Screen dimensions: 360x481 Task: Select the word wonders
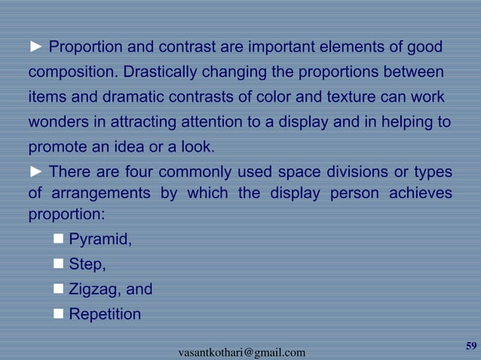coord(59,122)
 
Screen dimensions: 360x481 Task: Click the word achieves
coord(420,193)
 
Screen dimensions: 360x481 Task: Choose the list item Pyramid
coord(100,241)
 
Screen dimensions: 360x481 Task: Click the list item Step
coord(87,265)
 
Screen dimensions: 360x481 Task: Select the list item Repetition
coord(105,314)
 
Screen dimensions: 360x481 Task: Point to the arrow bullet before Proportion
coord(36,48)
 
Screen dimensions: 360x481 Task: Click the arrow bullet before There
coord(36,171)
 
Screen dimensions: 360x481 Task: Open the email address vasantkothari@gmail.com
coord(241,352)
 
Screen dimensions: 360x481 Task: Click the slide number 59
coord(471,346)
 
